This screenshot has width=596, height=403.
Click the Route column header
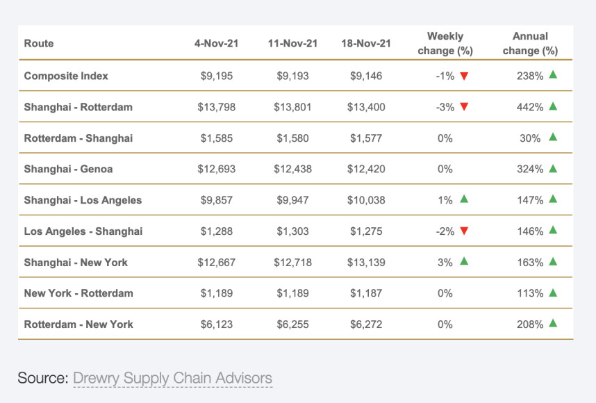pyautogui.click(x=39, y=43)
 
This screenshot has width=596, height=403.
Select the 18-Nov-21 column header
pyautogui.click(x=366, y=43)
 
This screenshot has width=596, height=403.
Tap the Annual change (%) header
pyautogui.click(x=531, y=43)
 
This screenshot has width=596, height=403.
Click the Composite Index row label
pyautogui.click(x=66, y=75)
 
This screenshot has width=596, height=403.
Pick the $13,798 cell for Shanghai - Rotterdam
pyautogui.click(x=217, y=106)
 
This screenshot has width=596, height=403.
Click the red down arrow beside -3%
pyautogui.click(x=464, y=107)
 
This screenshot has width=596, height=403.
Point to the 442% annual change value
pyautogui.click(x=529, y=106)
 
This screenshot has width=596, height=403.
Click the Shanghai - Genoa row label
pyautogui.click(x=68, y=169)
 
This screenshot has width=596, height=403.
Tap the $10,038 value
pyautogui.click(x=366, y=200)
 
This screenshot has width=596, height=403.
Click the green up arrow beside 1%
pyautogui.click(x=464, y=199)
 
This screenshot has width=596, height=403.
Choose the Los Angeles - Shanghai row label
pyautogui.click(x=83, y=231)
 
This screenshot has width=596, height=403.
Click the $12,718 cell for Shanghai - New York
pyautogui.click(x=292, y=262)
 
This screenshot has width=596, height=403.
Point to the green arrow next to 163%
pyautogui.click(x=553, y=261)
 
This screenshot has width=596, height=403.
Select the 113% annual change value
pyautogui.click(x=529, y=293)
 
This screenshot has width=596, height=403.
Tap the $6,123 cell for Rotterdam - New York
pyautogui.click(x=217, y=324)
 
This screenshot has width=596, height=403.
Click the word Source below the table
pyautogui.click(x=42, y=378)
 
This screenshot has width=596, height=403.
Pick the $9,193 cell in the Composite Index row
pyautogui.click(x=292, y=75)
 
